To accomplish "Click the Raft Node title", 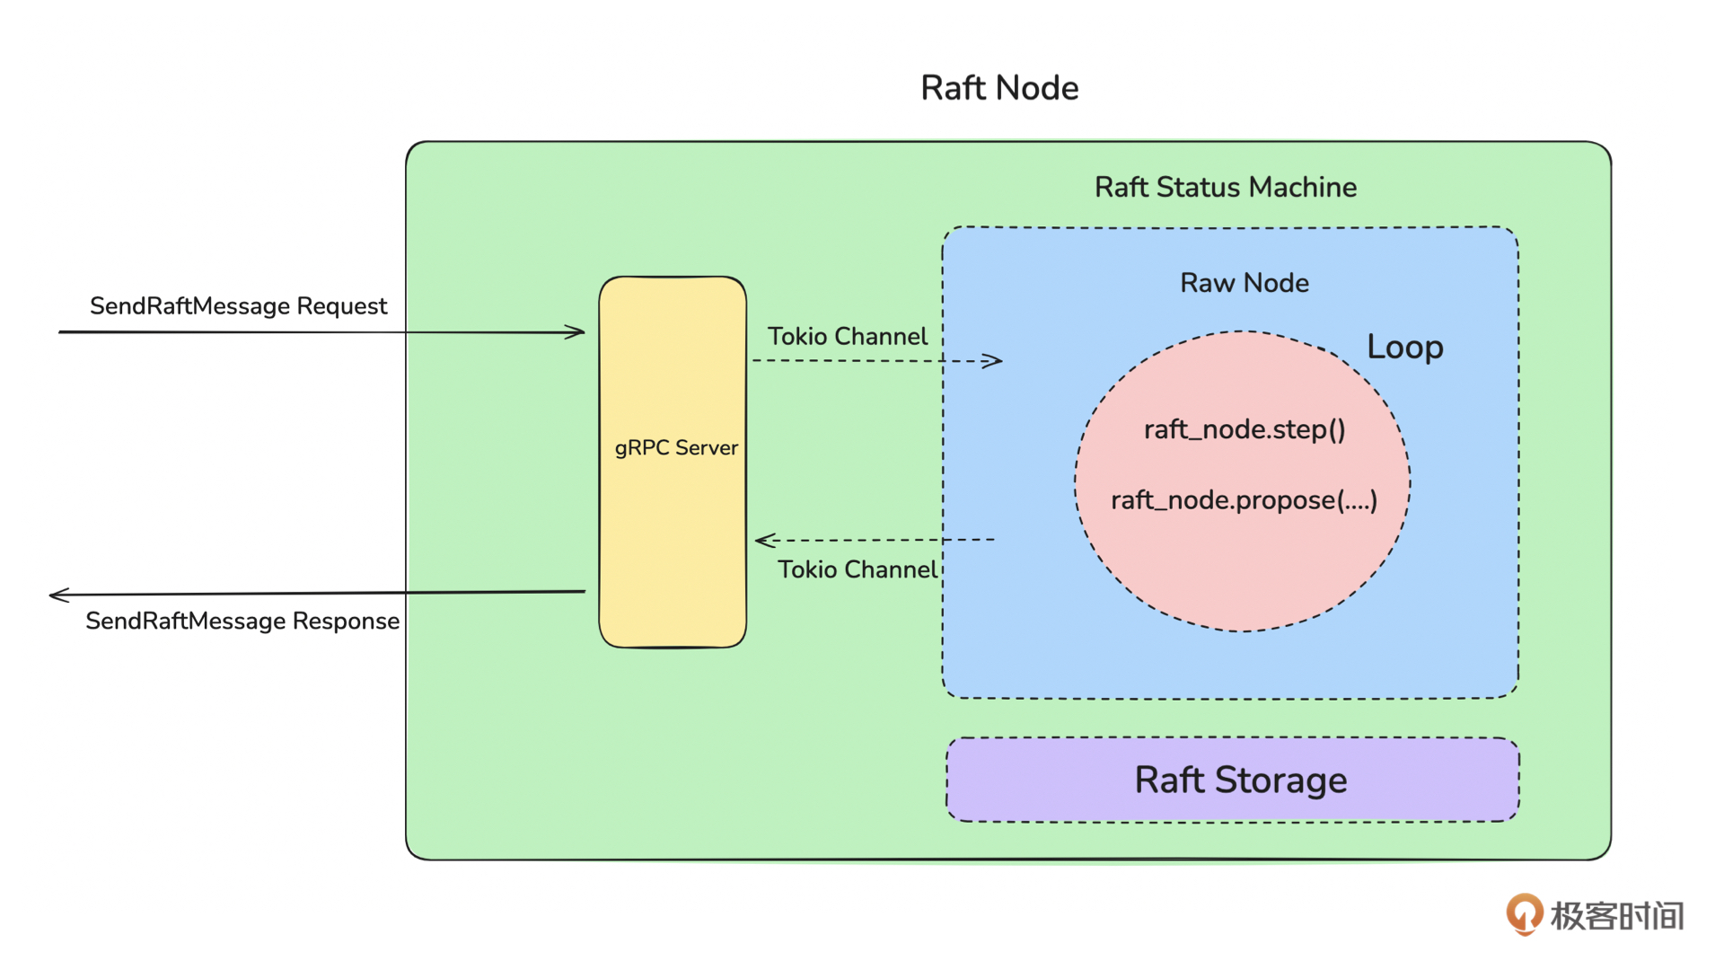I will (x=999, y=88).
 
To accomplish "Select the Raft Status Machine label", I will (x=1225, y=187).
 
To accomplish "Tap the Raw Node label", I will (x=1244, y=283).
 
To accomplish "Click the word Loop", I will (x=1404, y=347).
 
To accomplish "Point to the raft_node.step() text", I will (x=1245, y=429).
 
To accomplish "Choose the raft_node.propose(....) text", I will (x=1244, y=500).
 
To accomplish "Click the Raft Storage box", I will (x=1232, y=780).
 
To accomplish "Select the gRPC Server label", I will (x=675, y=447).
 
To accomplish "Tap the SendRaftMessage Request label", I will (x=238, y=306).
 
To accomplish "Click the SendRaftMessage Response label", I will (x=242, y=621).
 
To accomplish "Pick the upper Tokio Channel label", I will (x=847, y=336).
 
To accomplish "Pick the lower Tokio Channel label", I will (x=857, y=569).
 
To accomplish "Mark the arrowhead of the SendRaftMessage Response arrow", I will (x=57, y=595).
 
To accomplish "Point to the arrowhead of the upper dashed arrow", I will (x=995, y=361).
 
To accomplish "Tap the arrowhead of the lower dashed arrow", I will (x=763, y=540).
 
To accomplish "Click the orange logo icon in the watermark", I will (x=1524, y=914).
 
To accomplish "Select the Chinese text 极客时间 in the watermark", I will (x=1616, y=916).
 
